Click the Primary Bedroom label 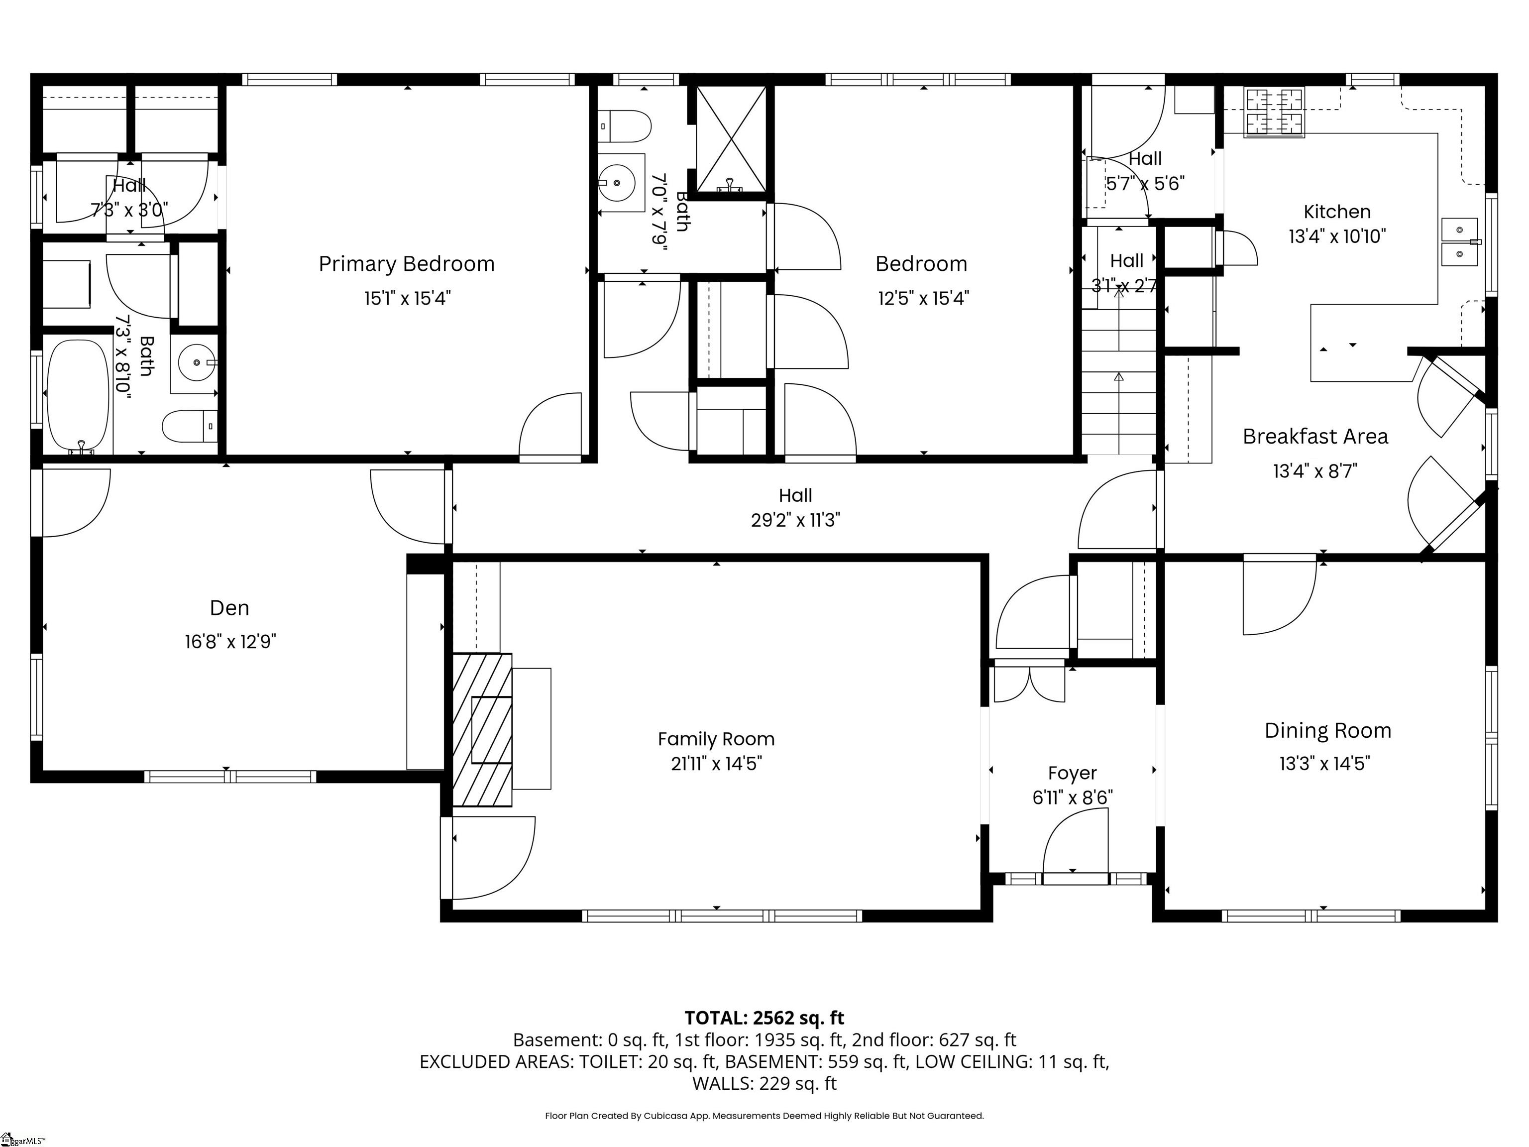pos(407,264)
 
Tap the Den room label pos(229,608)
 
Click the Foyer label pos(1072,773)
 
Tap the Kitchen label pos(1337,212)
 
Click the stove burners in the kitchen pos(1275,112)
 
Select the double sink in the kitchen pos(1460,242)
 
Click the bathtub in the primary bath pos(78,395)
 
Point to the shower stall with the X pos(731,138)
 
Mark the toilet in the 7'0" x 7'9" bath pos(624,127)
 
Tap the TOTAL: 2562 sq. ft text pos(764,1018)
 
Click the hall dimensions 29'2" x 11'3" pos(795,520)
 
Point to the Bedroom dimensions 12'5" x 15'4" pos(923,298)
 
